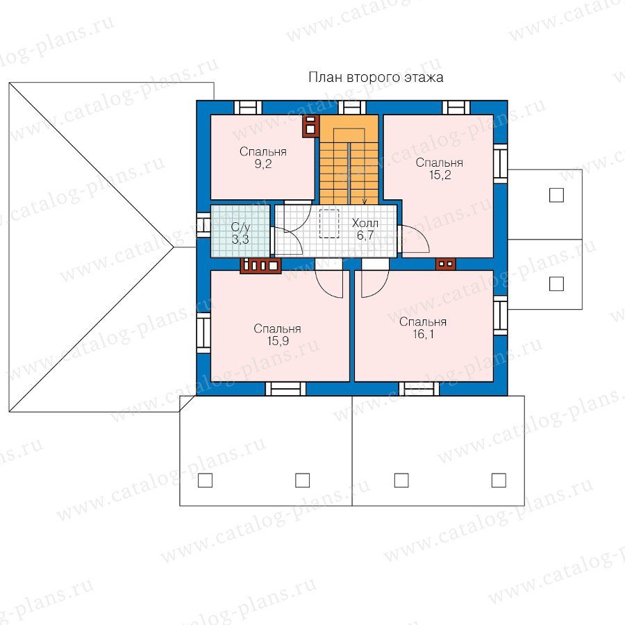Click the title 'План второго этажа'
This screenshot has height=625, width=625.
tap(376, 77)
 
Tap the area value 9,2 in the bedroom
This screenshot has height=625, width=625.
tap(263, 164)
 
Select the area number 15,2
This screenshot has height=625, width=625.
tap(440, 175)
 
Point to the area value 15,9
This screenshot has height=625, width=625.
tap(278, 341)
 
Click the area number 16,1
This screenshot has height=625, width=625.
tap(423, 334)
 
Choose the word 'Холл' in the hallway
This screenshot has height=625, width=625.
tap(365, 223)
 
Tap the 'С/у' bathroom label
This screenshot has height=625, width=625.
tap(240, 228)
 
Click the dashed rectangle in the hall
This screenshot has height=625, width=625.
tap(329, 223)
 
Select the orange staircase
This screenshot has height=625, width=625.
tap(349, 160)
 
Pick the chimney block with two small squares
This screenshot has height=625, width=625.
tap(446, 263)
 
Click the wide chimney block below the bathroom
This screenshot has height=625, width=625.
tap(260, 265)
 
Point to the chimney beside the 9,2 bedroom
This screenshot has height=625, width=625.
tap(310, 126)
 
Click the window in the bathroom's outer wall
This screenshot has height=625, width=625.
tap(203, 225)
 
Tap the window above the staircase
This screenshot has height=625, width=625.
tap(352, 108)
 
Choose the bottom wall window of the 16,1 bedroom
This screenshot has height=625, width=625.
tap(419, 389)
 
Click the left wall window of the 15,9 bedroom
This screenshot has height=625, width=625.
tap(203, 333)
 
